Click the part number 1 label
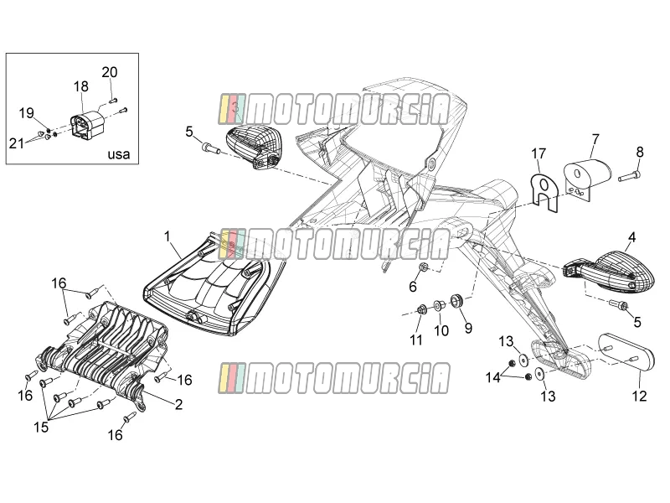coord(167,236)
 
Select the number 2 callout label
coord(179,404)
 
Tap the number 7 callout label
coord(595,139)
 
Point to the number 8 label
coord(639,152)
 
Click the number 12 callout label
coord(640,396)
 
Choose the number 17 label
coord(539,153)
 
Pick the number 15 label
coord(41,427)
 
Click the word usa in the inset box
coord(118,154)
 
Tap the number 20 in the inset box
coord(110,72)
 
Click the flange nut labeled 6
coord(424,267)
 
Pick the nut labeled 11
coord(421,309)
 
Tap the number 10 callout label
coord(441,330)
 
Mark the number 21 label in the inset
coord(17,143)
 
